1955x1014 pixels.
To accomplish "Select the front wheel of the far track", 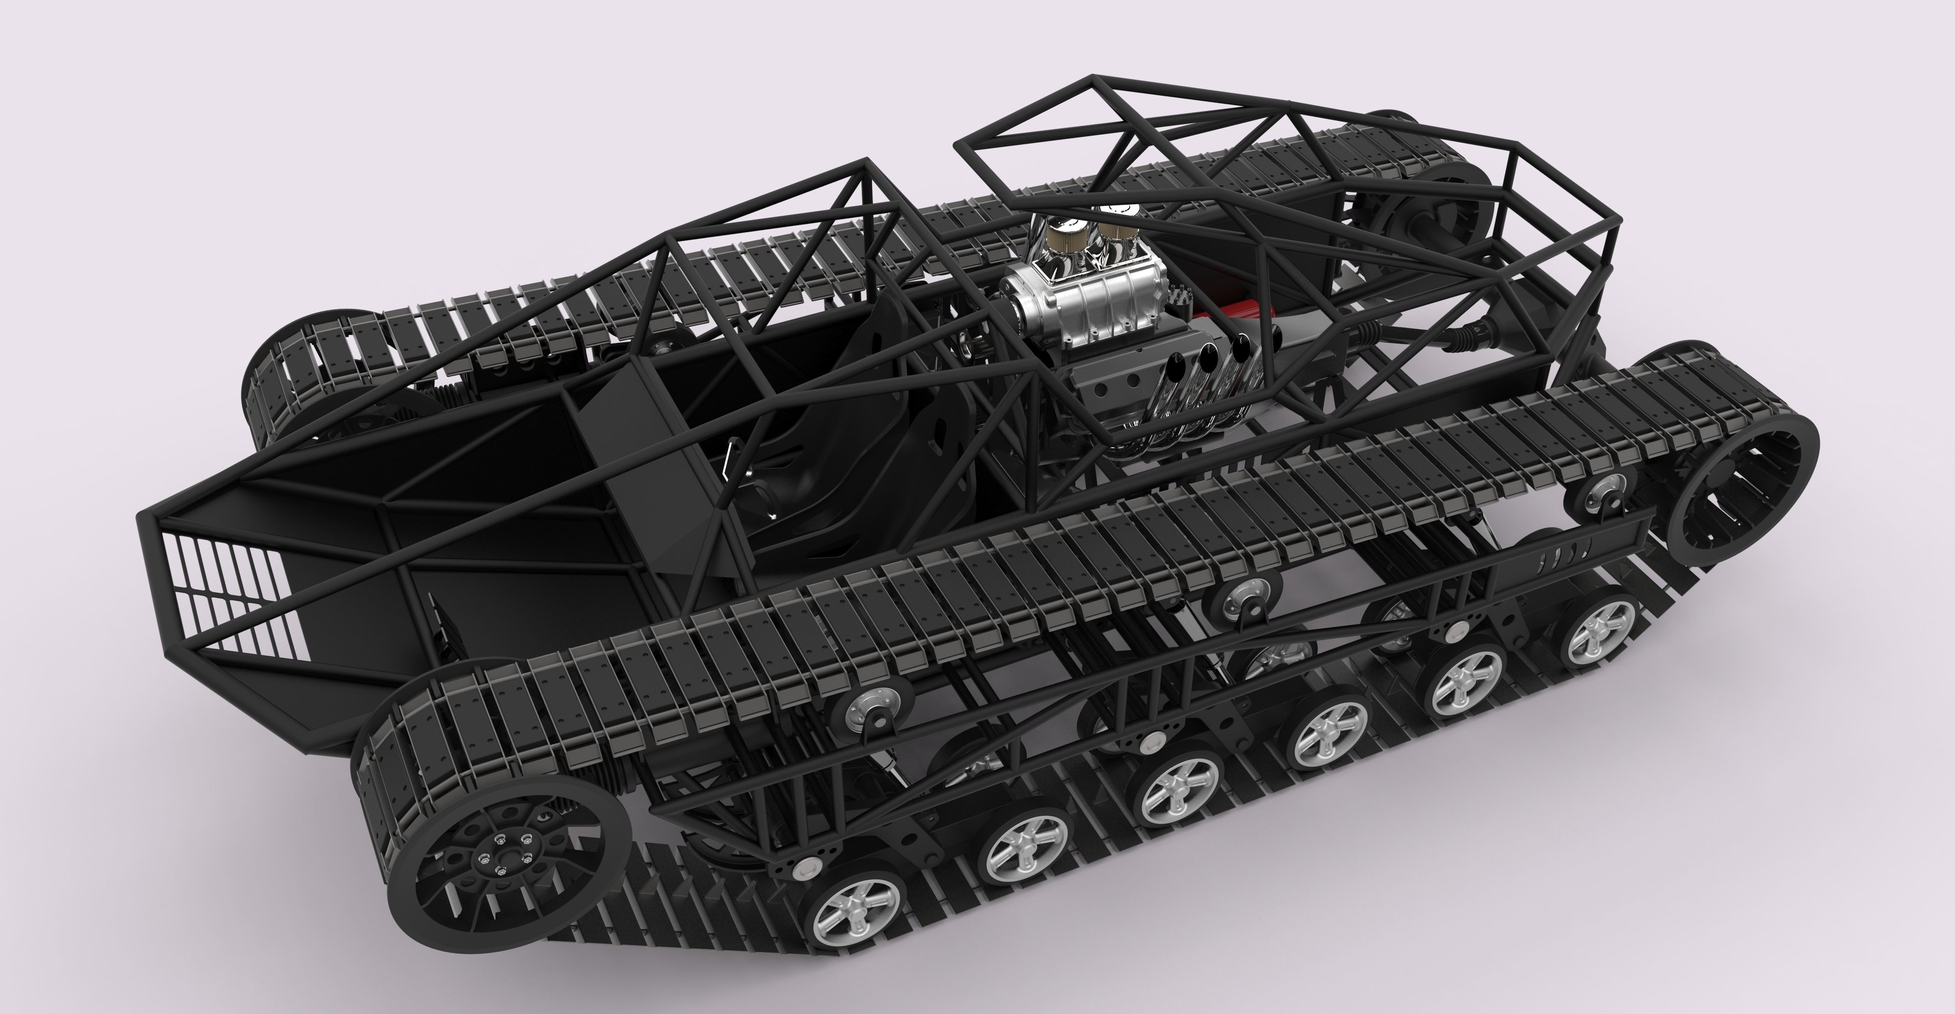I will pyautogui.click(x=304, y=379).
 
